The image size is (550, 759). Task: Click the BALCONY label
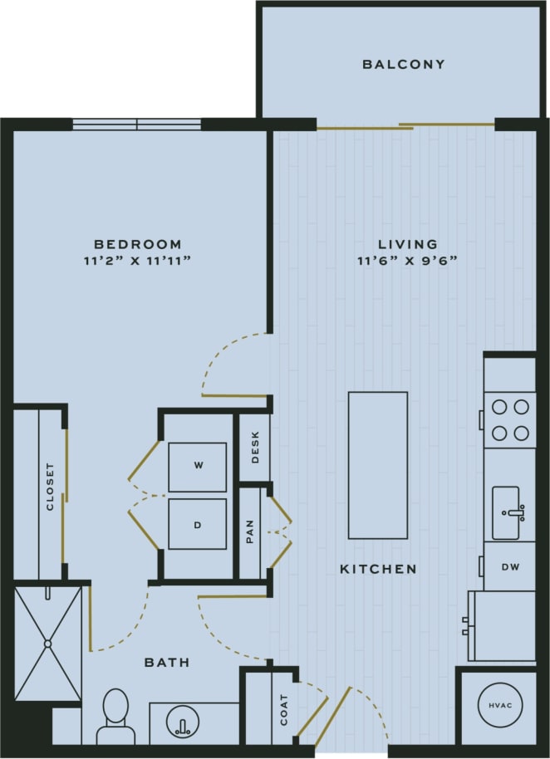pyautogui.click(x=403, y=64)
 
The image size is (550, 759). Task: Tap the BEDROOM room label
pyautogui.click(x=137, y=244)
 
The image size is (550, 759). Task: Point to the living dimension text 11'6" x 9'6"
pyautogui.click(x=408, y=261)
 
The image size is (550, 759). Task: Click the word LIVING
pyautogui.click(x=407, y=244)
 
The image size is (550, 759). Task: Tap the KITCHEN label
pyautogui.click(x=378, y=569)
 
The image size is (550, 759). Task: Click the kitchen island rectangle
pyautogui.click(x=378, y=465)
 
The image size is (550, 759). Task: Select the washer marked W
pyautogui.click(x=198, y=467)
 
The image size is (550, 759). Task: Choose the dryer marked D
pyautogui.click(x=198, y=525)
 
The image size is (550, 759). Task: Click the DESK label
pyautogui.click(x=255, y=447)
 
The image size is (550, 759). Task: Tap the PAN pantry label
pyautogui.click(x=250, y=532)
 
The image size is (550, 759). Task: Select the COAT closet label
pyautogui.click(x=284, y=710)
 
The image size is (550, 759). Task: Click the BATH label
pyautogui.click(x=167, y=663)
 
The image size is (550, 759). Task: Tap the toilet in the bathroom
pyautogui.click(x=115, y=716)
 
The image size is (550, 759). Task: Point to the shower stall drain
pyautogui.click(x=48, y=643)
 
